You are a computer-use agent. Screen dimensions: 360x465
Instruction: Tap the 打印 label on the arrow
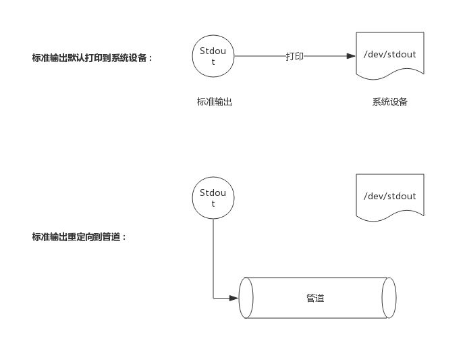[x=295, y=57]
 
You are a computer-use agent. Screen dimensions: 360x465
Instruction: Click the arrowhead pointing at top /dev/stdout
[x=351, y=57]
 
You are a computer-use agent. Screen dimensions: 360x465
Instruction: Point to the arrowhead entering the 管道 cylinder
[x=234, y=298]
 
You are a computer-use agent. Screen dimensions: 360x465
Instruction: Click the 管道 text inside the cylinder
[x=315, y=298]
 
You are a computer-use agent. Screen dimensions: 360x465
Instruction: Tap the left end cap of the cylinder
[x=246, y=298]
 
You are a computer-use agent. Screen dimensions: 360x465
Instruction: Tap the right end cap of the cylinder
[x=389, y=298]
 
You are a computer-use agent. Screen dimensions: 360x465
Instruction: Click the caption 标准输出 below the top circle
[x=215, y=102]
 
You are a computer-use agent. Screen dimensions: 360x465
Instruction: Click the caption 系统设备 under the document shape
[x=390, y=102]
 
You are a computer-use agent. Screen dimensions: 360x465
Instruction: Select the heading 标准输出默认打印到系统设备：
[x=93, y=58]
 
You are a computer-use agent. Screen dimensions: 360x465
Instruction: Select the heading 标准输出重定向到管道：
[x=80, y=237]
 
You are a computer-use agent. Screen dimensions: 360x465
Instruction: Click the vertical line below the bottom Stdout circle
[x=213, y=257]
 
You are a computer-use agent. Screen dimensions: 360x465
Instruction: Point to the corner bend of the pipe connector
[x=213, y=298]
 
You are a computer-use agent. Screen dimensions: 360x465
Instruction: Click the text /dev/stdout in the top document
[x=390, y=55]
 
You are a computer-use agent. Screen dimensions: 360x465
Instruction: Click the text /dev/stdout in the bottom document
[x=390, y=197]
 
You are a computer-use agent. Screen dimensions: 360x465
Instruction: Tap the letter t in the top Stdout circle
[x=213, y=62]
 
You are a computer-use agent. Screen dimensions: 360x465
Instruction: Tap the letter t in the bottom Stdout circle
[x=213, y=204]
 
